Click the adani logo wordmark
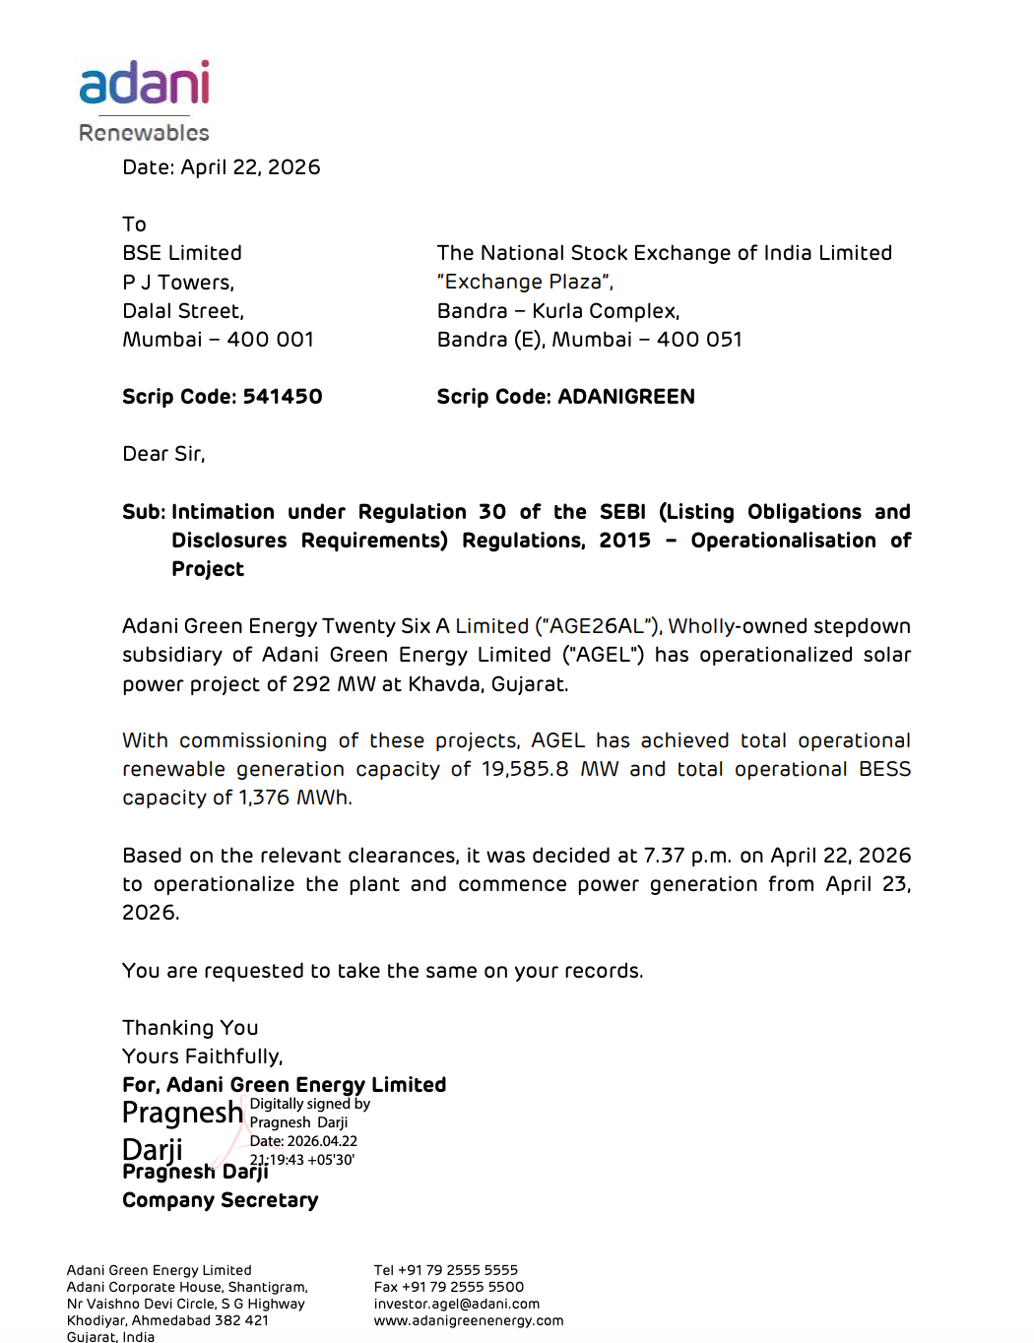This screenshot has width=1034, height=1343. pyautogui.click(x=145, y=84)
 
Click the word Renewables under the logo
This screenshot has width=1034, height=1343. pyautogui.click(x=144, y=133)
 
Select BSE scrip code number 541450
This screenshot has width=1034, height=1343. pyautogui.click(x=283, y=397)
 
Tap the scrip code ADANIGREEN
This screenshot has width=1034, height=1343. pyautogui.click(x=626, y=397)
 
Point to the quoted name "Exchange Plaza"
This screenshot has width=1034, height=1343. pyautogui.click(x=525, y=283)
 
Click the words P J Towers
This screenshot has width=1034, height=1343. pyautogui.click(x=178, y=283)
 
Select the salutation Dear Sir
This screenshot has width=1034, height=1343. pyautogui.click(x=163, y=454)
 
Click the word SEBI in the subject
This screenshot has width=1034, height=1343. pyautogui.click(x=622, y=512)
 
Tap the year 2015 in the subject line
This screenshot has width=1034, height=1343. pyautogui.click(x=624, y=541)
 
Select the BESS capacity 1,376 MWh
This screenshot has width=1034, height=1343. pyautogui.click(x=294, y=798)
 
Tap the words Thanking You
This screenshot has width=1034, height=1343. pyautogui.click(x=190, y=1028)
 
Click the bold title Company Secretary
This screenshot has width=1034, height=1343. pyautogui.click(x=221, y=1200)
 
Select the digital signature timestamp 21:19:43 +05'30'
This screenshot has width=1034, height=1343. pyautogui.click(x=302, y=1160)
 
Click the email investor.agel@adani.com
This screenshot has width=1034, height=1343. pyautogui.click(x=457, y=1304)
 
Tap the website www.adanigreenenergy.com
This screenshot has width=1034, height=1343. pyautogui.click(x=469, y=1320)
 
